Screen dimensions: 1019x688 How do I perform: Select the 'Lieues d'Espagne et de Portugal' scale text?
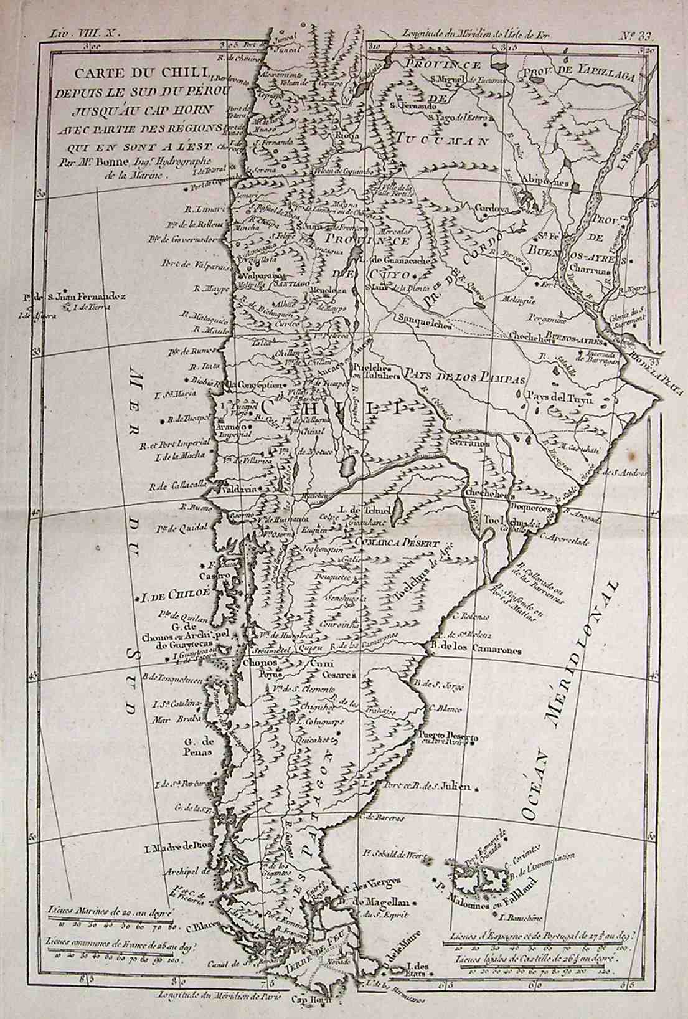(x=540, y=936)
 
